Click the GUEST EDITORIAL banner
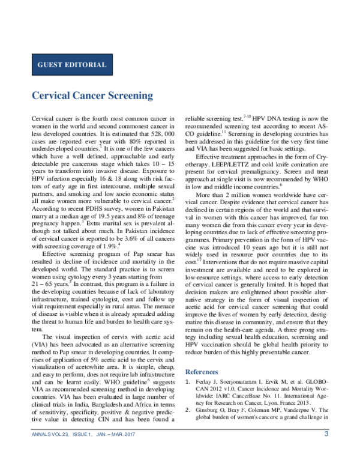tap(72, 65)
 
